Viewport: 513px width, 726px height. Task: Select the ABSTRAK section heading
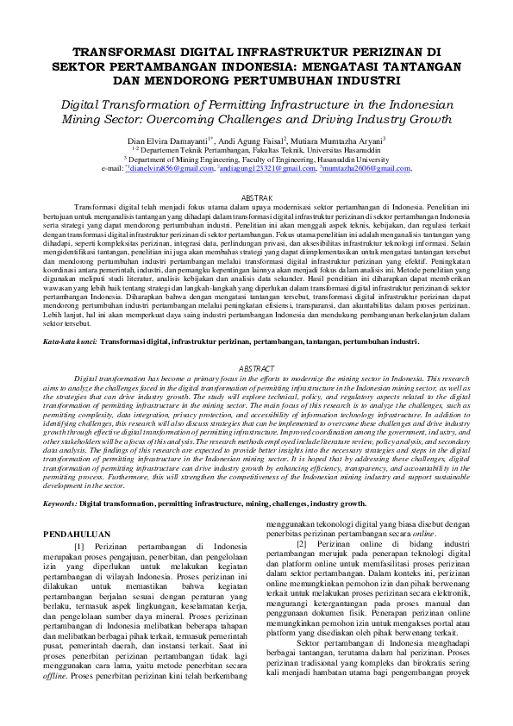click(x=256, y=197)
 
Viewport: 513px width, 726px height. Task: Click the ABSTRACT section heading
click(x=256, y=392)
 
